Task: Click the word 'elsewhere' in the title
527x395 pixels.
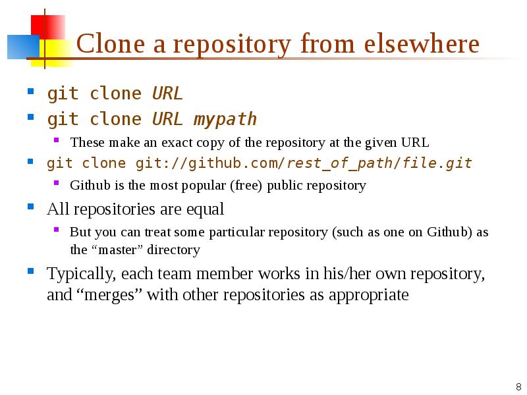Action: point(422,43)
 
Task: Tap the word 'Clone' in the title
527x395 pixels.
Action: point(111,43)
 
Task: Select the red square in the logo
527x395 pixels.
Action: point(48,27)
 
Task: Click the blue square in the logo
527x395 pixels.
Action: point(23,47)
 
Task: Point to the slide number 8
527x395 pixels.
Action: point(518,386)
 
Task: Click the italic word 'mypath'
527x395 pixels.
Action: point(225,119)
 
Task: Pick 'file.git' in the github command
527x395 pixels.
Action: point(437,163)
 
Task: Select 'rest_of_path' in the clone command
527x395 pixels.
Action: point(339,163)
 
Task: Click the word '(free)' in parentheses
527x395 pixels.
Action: point(246,186)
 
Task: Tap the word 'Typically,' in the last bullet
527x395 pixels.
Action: point(82,274)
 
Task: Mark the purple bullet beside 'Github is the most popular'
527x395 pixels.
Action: point(56,183)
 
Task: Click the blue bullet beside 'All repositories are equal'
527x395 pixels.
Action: point(30,206)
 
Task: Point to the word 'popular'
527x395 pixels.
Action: point(204,186)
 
